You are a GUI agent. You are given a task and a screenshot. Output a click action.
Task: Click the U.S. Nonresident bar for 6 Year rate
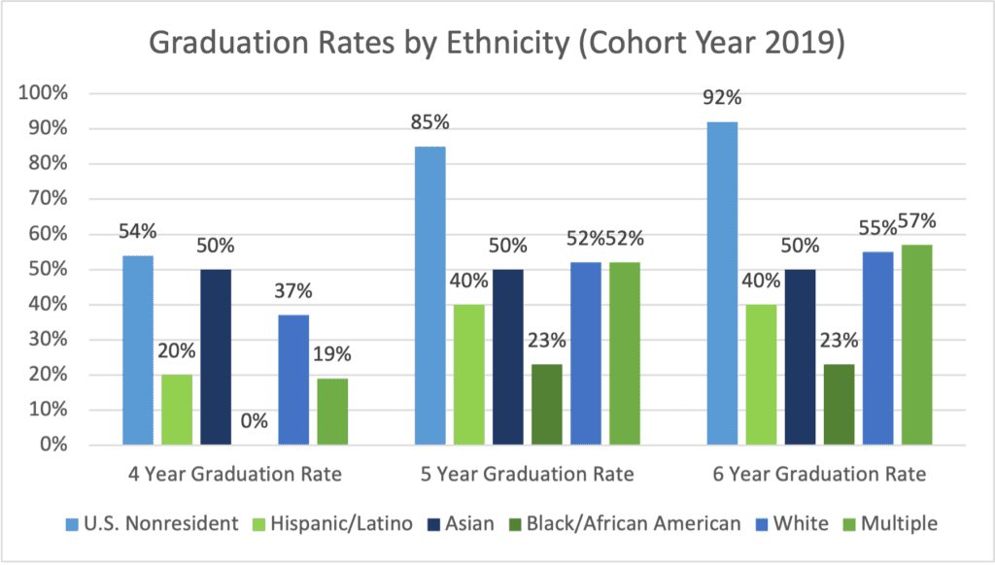[x=722, y=283]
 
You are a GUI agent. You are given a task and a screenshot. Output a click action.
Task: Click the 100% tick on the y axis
[x=44, y=93]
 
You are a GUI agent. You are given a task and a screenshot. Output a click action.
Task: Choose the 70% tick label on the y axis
[x=47, y=199]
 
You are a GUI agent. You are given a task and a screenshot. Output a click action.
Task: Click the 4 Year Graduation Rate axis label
[x=235, y=475]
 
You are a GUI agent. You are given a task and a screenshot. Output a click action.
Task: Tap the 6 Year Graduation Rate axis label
[x=817, y=475]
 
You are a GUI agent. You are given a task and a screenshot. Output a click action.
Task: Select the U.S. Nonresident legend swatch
[x=74, y=524]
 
